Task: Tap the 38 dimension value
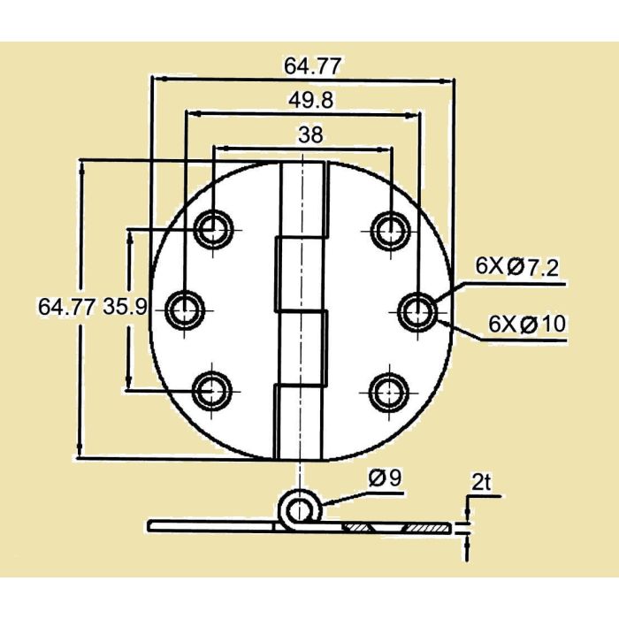tap(310, 134)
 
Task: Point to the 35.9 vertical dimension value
tap(125, 308)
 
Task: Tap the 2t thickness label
tap(481, 483)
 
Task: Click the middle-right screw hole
tap(416, 309)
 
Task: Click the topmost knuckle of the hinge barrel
tap(301, 200)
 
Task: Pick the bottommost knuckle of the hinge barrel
tap(301, 421)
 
